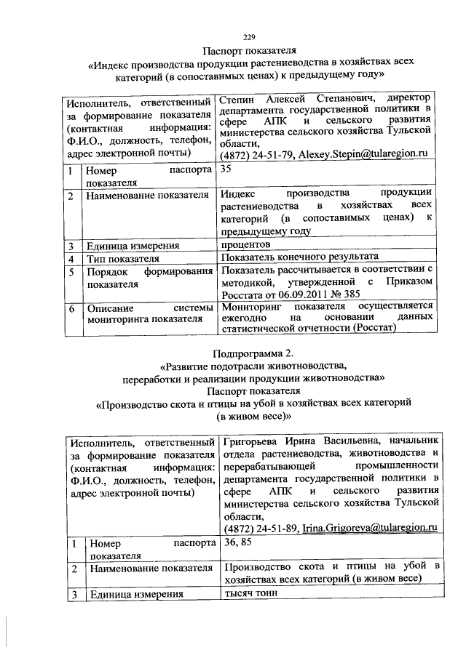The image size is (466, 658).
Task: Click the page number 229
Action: (248, 37)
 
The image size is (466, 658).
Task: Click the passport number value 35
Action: (226, 169)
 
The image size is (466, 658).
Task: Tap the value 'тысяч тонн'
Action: (251, 593)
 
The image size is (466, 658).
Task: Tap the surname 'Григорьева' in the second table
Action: (256, 441)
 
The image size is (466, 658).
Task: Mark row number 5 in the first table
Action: (70, 272)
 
